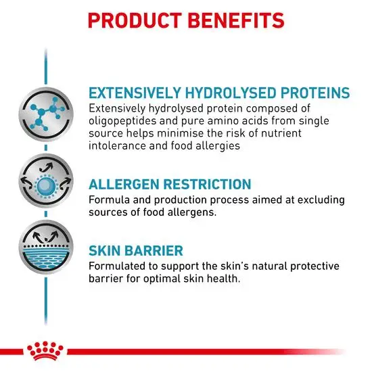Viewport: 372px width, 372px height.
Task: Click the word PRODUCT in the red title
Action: (135, 21)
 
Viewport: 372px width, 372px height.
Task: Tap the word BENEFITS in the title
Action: (236, 21)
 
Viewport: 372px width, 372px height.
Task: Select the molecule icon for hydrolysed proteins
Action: (46, 114)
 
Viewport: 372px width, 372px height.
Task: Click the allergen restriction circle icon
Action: (46, 181)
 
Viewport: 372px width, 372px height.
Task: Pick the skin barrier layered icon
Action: (46, 247)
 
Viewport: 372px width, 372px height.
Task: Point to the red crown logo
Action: (45, 351)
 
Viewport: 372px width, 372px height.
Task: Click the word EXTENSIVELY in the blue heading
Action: (135, 93)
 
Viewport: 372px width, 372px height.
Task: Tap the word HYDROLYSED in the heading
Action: (231, 93)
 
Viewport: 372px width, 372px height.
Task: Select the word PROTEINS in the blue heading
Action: (315, 93)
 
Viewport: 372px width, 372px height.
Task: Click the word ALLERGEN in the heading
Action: (124, 185)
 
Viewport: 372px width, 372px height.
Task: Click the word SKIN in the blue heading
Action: (105, 251)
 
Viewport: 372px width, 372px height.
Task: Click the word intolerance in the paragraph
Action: (117, 145)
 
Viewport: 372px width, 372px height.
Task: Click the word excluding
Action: (321, 200)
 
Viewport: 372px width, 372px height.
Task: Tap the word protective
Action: (315, 266)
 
